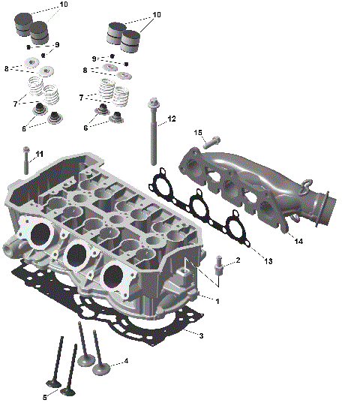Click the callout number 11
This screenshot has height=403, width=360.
tap(39, 154)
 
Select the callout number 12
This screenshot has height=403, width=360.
tap(172, 119)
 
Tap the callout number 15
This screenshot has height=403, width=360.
tap(199, 133)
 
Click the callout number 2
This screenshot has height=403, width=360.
tap(238, 260)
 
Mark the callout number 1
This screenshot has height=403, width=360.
tap(217, 301)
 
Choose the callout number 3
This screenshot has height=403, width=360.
tap(201, 335)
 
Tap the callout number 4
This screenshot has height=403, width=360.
tap(126, 361)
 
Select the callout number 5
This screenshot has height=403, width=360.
tap(45, 397)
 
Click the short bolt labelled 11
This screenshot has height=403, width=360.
tap(26, 161)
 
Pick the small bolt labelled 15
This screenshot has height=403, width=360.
tap(213, 140)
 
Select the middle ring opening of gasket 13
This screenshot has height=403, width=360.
tap(198, 206)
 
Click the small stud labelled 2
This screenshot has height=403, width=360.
tap(218, 266)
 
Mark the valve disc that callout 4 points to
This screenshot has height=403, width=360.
tap(100, 368)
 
